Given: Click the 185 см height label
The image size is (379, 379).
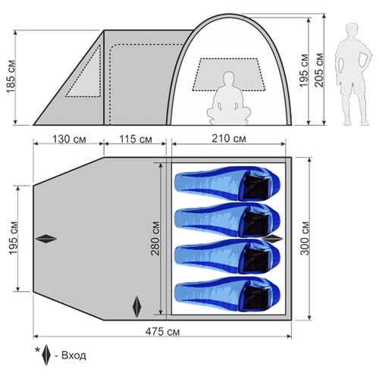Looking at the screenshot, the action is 11,77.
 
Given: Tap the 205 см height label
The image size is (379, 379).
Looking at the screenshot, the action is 319,70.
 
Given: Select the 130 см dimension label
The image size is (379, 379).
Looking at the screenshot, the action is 69,139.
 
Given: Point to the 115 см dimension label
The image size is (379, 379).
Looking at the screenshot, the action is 136,139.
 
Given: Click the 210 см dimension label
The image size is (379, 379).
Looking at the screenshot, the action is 229,139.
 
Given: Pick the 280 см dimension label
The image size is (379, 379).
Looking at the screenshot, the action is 155,238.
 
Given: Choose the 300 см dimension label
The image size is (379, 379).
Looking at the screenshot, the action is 305,238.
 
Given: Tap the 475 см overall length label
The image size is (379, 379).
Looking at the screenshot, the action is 163,332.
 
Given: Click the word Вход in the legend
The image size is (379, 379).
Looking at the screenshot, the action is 74,356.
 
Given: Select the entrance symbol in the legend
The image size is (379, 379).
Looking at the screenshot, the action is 46,355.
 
